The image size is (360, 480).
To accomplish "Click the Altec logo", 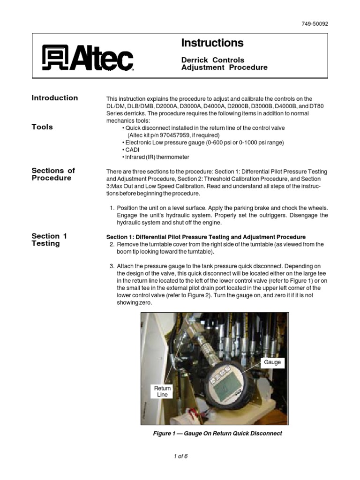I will point(88,58).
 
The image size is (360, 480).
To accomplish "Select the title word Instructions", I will point(212,43).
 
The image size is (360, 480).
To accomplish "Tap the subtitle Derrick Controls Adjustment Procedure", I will point(224,63).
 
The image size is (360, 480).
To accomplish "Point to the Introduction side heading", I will point(55,98).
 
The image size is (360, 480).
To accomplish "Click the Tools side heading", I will point(42,127).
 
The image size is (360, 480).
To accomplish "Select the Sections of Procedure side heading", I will point(53,174).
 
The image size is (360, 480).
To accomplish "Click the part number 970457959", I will point(177,135).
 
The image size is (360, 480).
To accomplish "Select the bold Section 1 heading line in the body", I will point(206,237).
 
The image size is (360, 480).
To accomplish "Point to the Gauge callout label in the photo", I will point(272,362).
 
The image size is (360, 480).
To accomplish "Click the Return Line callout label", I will point(163,391).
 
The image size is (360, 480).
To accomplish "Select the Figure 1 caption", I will point(217,434).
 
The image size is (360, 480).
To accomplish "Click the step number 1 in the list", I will point(112,208).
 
